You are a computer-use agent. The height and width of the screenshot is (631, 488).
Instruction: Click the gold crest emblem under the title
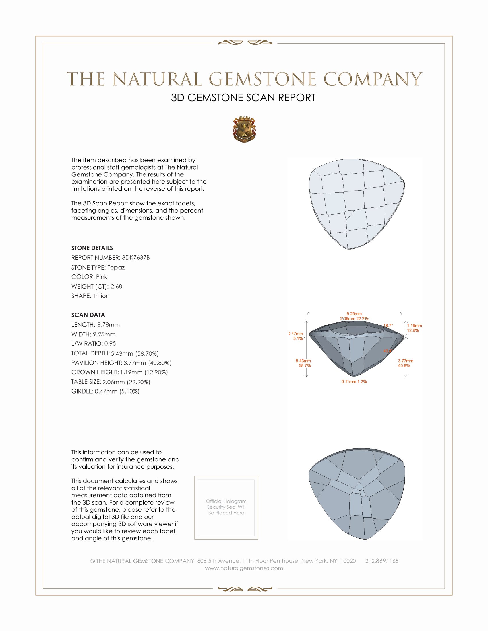coord(244,129)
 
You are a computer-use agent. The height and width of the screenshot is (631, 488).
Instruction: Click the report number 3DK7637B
coord(135,258)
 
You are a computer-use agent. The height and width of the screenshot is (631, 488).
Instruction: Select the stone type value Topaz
coord(116,267)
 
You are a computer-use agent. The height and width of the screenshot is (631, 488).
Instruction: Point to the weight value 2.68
coord(116,286)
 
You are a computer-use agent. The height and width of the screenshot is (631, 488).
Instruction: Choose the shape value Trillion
coord(101,296)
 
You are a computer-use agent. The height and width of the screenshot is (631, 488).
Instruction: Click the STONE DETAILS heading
coord(92,248)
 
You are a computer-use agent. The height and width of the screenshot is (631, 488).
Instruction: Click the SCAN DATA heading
coord(88,315)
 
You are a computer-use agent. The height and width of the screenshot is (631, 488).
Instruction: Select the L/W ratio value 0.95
coord(110,344)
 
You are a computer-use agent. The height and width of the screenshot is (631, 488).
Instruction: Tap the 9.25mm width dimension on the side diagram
coord(354,314)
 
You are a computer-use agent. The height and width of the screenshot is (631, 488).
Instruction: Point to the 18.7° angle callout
coord(388,326)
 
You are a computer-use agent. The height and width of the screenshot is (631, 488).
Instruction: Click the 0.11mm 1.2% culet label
coord(354,382)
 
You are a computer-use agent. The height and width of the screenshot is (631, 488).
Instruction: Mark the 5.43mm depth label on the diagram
coord(303,361)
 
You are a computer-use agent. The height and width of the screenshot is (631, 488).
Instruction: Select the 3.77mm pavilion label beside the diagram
coord(405,361)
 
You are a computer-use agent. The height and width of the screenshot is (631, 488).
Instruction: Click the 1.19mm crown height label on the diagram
coord(414,326)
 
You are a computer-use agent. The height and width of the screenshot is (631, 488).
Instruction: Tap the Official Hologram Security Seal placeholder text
coord(226,507)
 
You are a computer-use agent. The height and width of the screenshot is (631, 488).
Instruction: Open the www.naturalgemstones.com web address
coord(244,568)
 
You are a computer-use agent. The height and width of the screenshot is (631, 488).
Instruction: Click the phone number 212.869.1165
coord(382,561)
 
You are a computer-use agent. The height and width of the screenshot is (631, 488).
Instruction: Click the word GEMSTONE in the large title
coord(262,79)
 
